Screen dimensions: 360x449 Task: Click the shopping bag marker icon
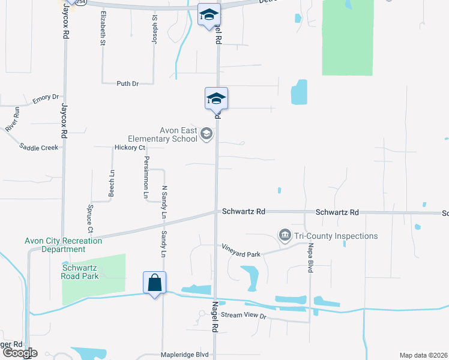tap(154, 283)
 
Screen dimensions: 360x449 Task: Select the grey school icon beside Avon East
tap(206, 133)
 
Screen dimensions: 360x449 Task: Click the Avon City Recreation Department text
tap(63, 245)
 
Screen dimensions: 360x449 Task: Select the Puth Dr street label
tap(127, 83)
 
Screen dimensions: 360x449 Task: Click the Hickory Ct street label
tap(130, 148)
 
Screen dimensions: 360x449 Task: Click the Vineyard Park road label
tap(241, 251)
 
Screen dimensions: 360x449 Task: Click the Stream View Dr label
tap(243, 315)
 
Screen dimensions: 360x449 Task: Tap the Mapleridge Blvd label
tap(185, 355)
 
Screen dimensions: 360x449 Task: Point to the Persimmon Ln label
tap(145, 177)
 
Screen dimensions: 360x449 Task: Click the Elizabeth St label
tap(103, 28)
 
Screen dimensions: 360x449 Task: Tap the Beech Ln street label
tap(112, 182)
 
